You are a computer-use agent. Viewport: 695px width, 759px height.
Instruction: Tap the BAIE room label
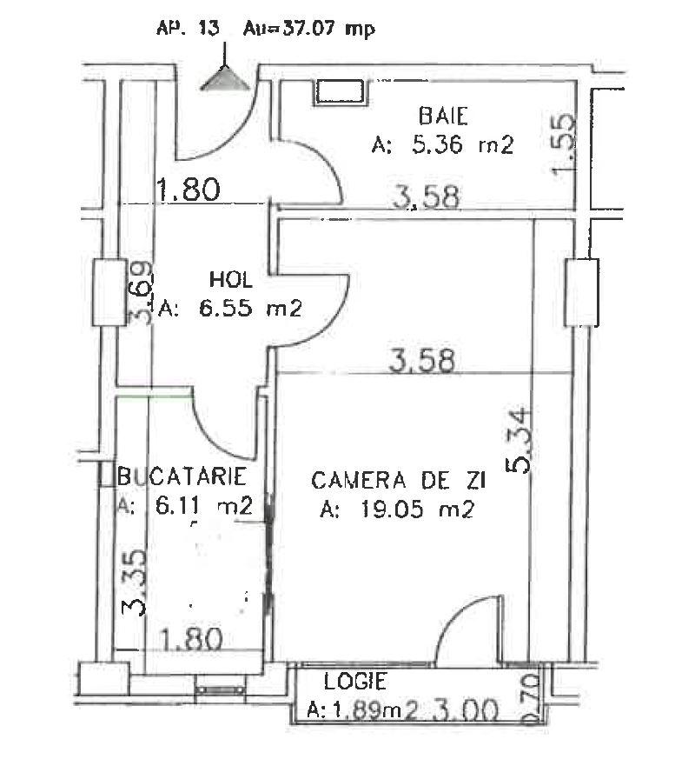tap(443, 116)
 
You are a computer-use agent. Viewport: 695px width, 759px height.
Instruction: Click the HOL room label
tap(230, 280)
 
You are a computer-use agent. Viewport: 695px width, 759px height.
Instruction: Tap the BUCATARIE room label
tap(183, 476)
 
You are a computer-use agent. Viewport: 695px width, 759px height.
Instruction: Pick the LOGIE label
tap(355, 682)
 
